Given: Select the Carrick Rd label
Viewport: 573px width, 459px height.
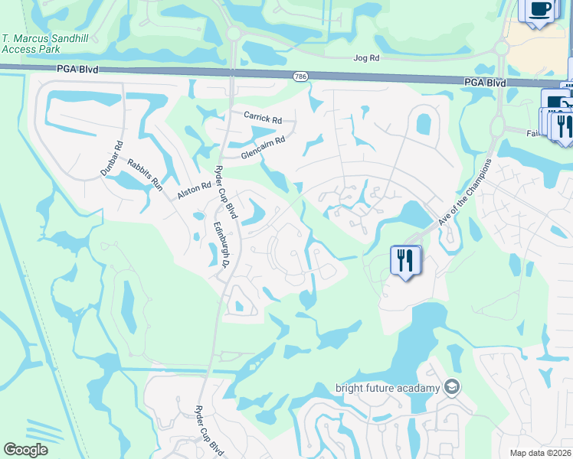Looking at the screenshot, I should pos(263,119).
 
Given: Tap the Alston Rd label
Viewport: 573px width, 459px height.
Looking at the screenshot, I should pos(194,190).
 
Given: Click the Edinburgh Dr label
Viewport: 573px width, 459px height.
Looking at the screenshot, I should pos(222,244).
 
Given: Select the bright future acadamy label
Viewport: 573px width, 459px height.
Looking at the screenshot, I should pos(388,387).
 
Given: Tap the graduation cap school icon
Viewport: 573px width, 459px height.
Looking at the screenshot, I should pos(453,386).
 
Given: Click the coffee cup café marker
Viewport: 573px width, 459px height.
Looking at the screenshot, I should pos(540,10).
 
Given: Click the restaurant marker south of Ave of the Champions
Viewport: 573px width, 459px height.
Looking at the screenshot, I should pos(403,261).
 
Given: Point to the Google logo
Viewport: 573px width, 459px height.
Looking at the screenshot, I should pos(26,450).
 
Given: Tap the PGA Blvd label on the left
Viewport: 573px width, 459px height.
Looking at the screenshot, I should pos(76,69).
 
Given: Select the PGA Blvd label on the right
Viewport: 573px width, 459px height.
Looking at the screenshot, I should pos(484,82).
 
